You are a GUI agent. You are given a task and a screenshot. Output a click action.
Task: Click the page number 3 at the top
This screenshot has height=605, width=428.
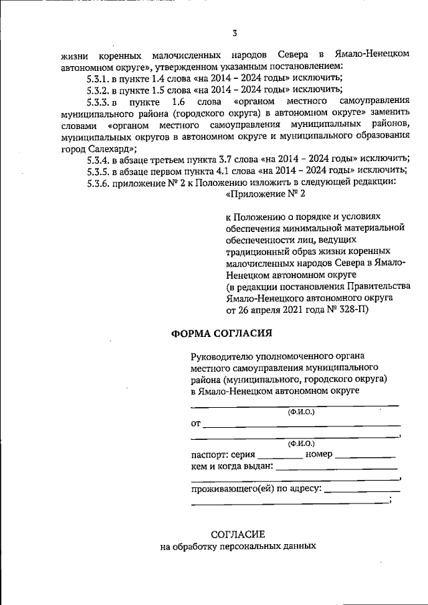tap(234, 33)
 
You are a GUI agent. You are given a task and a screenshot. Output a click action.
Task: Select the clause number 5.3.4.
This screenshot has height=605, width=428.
tap(100, 158)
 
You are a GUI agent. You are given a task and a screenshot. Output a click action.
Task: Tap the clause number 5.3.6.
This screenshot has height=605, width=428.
tap(100, 183)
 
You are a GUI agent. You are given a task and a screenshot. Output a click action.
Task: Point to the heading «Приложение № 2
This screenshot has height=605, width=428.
tap(265, 195)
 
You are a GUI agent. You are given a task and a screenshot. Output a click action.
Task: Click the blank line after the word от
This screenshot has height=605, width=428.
tap(302, 425)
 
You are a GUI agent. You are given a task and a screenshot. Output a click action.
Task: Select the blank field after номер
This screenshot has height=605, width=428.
tap(365, 456)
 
